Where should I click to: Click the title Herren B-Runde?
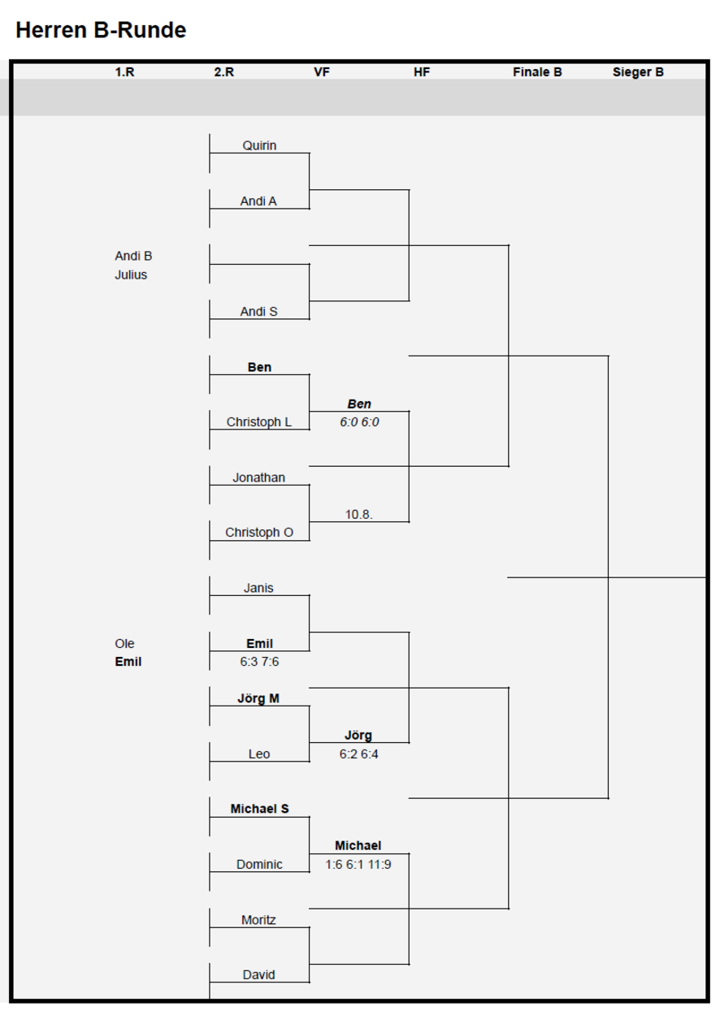click(101, 30)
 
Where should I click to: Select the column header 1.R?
click(124, 72)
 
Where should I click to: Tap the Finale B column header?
click(537, 72)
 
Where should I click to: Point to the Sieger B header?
click(638, 72)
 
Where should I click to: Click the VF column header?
click(322, 72)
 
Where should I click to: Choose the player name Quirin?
click(259, 145)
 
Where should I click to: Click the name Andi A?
click(258, 201)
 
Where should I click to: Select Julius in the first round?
click(131, 275)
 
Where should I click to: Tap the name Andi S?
click(259, 312)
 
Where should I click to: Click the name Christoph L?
click(259, 422)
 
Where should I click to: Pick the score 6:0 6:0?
click(359, 422)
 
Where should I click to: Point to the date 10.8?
click(358, 515)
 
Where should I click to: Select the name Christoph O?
click(259, 533)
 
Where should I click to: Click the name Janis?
click(258, 588)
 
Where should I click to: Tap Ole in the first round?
click(124, 643)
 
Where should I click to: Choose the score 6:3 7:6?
click(259, 662)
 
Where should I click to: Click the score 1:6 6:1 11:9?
click(358, 865)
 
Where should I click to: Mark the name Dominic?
click(259, 865)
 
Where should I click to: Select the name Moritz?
click(258, 920)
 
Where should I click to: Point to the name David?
click(259, 974)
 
